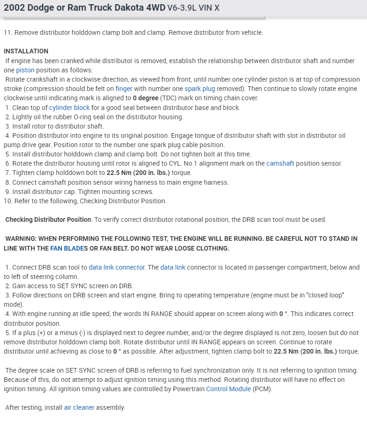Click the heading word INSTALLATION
(26, 51)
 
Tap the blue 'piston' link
(25, 70)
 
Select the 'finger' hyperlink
(124, 89)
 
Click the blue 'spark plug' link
(199, 89)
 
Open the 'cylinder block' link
(70, 108)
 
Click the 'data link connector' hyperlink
(117, 267)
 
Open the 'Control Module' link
(228, 389)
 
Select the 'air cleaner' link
(79, 407)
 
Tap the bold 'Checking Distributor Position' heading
(48, 219)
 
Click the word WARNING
(22, 239)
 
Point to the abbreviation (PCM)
(262, 389)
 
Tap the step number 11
(7, 32)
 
